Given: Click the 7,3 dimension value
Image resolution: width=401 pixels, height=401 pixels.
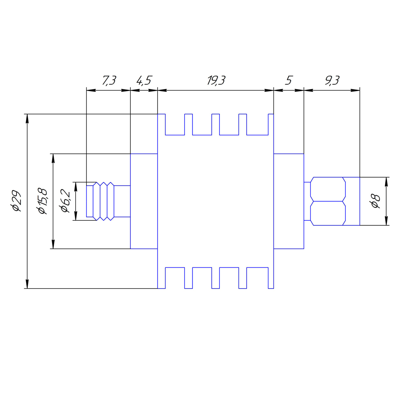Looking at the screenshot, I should click(108, 81).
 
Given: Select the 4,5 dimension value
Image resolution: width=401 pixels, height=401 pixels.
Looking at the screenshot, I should click(144, 81).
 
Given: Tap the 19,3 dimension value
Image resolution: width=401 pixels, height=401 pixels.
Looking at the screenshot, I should click(216, 81).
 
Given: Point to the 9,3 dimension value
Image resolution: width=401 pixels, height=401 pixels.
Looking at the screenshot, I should click(332, 81).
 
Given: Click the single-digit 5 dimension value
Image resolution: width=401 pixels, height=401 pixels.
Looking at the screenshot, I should click(288, 81).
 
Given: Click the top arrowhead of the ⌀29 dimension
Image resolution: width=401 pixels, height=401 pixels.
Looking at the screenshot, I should click(27, 118).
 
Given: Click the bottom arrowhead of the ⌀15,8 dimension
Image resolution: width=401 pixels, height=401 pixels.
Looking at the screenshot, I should click(53, 245).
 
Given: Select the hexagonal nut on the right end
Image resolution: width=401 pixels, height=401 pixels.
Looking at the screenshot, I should click(328, 201).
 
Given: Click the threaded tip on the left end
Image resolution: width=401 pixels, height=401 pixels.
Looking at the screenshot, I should click(100, 201).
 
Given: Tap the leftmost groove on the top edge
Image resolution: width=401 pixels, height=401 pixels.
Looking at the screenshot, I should click(175, 124).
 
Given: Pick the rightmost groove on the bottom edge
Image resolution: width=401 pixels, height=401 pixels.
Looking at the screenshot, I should click(257, 277).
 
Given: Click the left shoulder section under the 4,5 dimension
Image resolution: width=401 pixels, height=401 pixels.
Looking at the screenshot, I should click(144, 201).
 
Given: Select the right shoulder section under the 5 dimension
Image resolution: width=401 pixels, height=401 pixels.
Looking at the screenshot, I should click(288, 201).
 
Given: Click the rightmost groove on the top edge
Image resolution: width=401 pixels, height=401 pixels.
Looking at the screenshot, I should click(257, 124).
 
